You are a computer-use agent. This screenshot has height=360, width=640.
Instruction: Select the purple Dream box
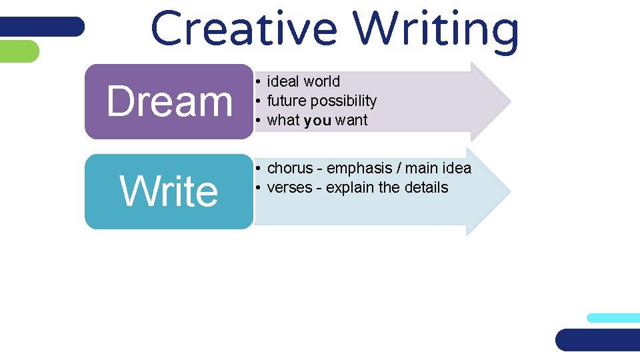pyautogui.click(x=169, y=101)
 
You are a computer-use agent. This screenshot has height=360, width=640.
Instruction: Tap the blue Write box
pyautogui.click(x=169, y=191)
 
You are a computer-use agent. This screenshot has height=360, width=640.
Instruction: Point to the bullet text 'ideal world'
pyautogui.click(x=303, y=81)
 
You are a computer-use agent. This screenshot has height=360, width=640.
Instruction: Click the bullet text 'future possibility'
pyautogui.click(x=321, y=101)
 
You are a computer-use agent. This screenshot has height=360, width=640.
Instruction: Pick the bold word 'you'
pyautogui.click(x=317, y=121)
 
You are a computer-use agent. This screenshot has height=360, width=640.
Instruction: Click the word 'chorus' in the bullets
pyautogui.click(x=290, y=168)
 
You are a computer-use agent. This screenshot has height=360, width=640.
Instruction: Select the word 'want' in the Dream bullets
pyautogui.click(x=351, y=121)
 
